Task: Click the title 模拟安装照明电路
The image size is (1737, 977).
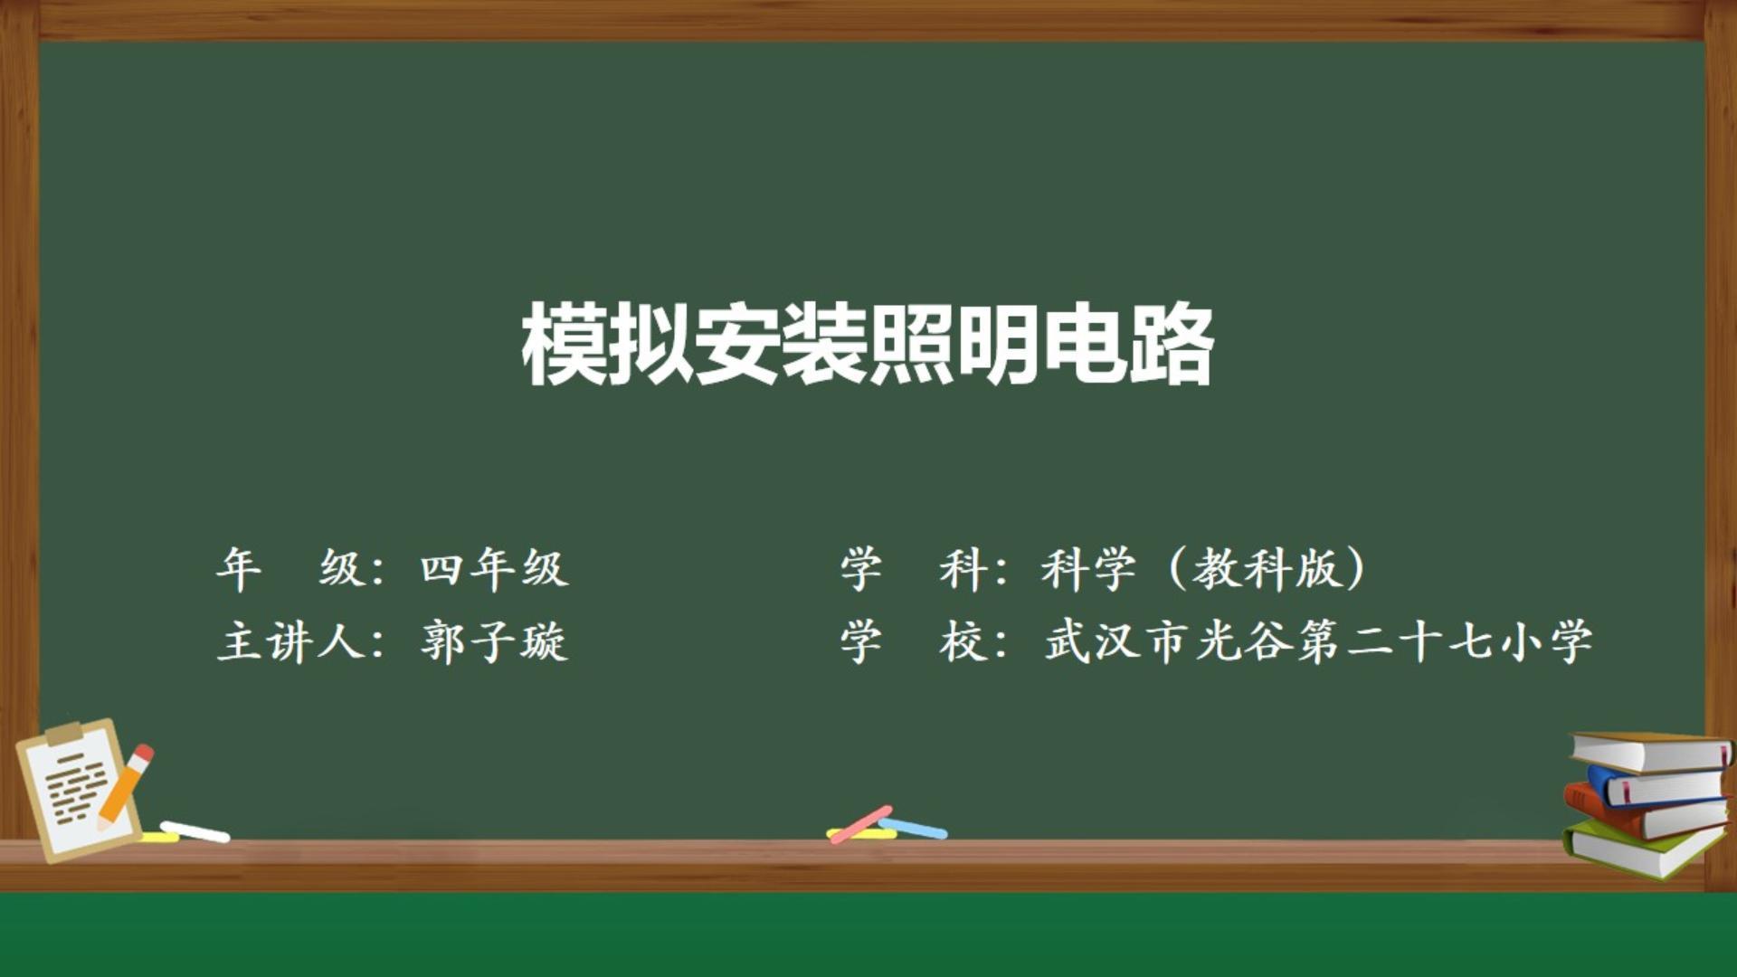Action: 867,345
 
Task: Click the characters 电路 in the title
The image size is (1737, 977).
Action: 1128,345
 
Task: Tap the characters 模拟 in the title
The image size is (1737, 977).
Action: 606,345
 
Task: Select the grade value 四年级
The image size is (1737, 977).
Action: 494,569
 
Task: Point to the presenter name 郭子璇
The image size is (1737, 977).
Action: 494,642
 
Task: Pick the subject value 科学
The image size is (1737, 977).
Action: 1088,569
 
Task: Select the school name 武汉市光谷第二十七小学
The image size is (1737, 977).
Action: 1318,642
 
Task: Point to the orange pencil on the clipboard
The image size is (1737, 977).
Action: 125,785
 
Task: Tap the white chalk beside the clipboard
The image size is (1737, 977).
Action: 195,831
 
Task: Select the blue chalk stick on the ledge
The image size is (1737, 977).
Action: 914,828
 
